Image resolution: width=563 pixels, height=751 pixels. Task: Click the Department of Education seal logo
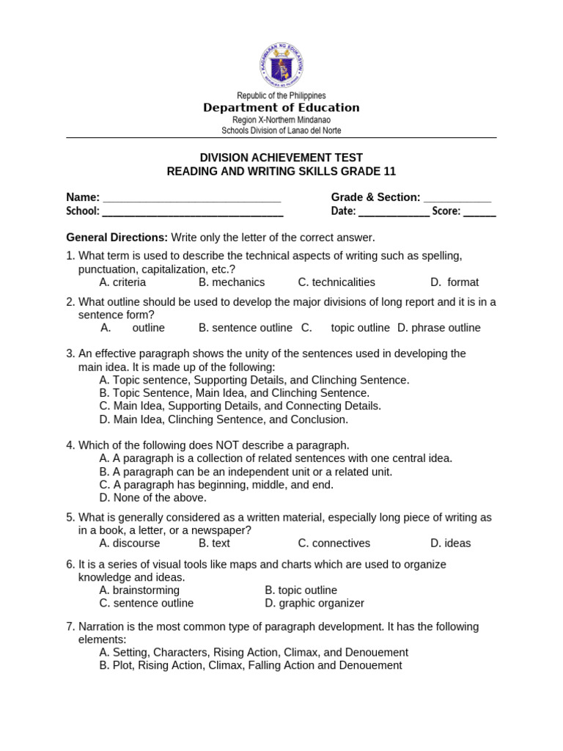tap(281, 66)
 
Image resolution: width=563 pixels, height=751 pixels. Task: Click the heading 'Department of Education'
tap(281, 108)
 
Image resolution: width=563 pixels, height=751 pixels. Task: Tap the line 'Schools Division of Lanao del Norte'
tap(281, 131)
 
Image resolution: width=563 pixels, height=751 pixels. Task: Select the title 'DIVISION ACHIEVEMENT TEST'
tap(281, 158)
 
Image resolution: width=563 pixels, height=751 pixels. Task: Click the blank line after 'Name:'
tap(192, 199)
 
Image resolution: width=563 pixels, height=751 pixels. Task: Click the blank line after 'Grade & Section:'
tap(457, 199)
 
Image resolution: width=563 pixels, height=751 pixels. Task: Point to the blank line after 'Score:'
tap(479, 213)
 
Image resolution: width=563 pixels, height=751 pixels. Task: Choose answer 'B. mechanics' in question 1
tap(232, 282)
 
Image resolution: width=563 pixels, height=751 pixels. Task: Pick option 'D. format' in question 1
tap(455, 282)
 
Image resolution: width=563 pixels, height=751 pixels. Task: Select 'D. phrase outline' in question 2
tap(439, 328)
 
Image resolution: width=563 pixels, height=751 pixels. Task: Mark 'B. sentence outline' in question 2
tap(246, 328)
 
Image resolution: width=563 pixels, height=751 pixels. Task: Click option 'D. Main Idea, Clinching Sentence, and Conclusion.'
tap(224, 420)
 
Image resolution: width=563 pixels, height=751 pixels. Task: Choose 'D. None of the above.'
tap(152, 498)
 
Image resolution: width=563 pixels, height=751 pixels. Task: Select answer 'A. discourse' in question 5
tap(130, 543)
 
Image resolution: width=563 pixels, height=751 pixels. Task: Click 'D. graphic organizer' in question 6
tap(314, 604)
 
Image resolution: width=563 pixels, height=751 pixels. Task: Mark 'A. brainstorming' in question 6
tap(139, 590)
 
